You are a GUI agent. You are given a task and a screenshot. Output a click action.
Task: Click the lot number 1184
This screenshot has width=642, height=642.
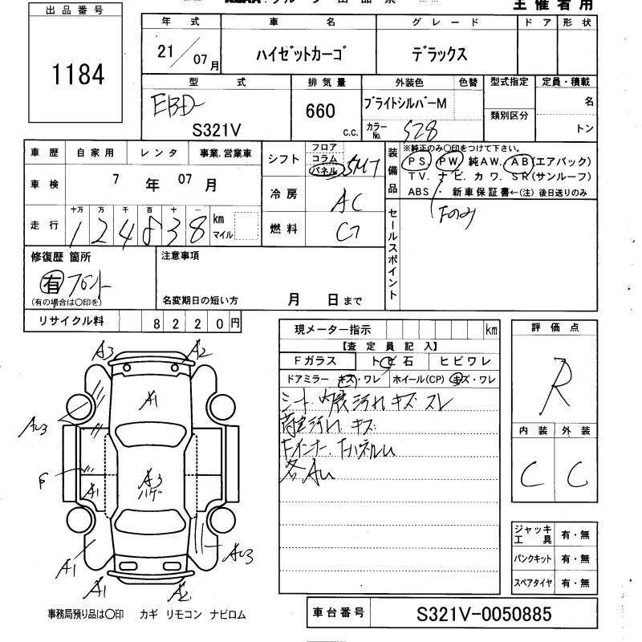point(79,74)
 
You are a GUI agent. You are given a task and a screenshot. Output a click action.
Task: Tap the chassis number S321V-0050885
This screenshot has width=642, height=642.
point(484,616)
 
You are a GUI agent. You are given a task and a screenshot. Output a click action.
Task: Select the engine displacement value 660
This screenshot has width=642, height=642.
point(320,112)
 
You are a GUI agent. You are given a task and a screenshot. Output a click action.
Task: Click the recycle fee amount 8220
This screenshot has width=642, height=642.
point(189,323)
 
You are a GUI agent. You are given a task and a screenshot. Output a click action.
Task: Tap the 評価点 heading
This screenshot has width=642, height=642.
point(555,327)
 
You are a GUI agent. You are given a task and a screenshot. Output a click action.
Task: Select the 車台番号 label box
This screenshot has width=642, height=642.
point(338,615)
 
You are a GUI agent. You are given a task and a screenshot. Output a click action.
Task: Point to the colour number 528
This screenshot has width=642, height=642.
point(420,128)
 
